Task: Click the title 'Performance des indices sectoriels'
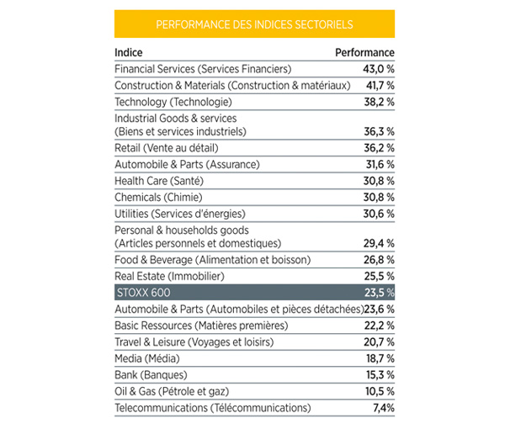tap(254, 24)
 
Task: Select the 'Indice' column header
tap(129, 52)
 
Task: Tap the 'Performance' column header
tap(364, 52)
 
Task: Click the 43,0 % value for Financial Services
tap(379, 69)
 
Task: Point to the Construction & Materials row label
tap(232, 85)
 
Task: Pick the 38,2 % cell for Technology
tap(379, 102)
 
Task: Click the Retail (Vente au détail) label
tap(167, 148)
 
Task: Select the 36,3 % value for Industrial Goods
tap(379, 131)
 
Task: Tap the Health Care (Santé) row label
tap(159, 181)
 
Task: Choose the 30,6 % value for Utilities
tap(379, 214)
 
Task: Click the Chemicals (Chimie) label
tap(158, 198)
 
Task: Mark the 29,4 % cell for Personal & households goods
tap(379, 243)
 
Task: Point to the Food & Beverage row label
tap(213, 260)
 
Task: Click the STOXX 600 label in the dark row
tap(144, 293)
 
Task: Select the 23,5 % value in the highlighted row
tap(379, 293)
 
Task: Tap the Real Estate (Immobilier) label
tap(169, 276)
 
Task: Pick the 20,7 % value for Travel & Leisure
tap(379, 342)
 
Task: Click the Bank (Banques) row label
tap(151, 375)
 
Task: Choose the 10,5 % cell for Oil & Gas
tap(380, 391)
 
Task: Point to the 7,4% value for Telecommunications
tap(384, 408)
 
